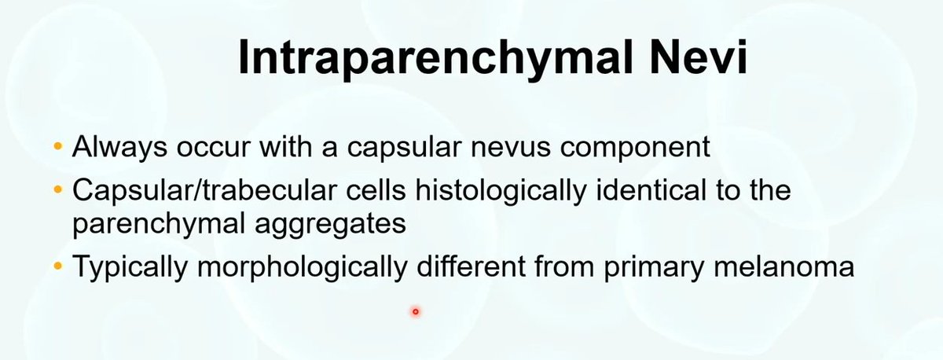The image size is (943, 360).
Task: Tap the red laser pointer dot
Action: pyautogui.click(x=415, y=311)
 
